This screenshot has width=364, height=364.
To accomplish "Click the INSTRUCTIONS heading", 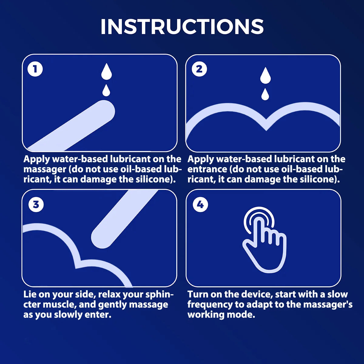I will pos(182,27).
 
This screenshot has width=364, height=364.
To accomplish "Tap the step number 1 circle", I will pos(35,69).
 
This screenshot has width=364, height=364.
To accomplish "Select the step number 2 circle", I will pos(199,69).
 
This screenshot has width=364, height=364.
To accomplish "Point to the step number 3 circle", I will pos(36,204).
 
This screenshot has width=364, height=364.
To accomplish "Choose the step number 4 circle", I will pos(200,204).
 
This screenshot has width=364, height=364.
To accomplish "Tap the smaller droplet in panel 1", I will pos(106,90).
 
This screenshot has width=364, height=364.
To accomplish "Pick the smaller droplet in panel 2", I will pos(265,95).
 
